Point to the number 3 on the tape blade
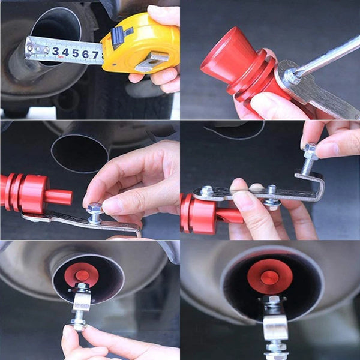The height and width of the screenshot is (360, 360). [56, 51]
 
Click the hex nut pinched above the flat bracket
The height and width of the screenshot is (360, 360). [95, 211]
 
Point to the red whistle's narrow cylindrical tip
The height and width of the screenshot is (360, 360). [59, 197]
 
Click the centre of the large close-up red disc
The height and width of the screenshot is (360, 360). [270, 277]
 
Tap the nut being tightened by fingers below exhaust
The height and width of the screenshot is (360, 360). [79, 323]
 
